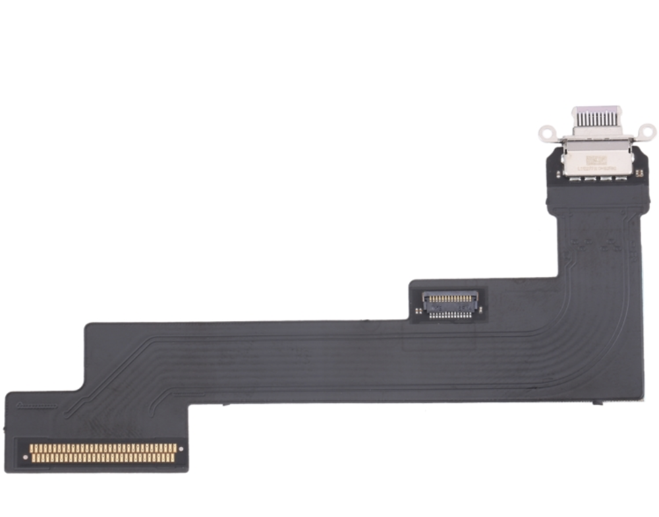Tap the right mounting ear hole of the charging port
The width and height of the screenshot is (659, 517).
pos(648,132)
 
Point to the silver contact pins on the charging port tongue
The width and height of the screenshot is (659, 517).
pos(597,121)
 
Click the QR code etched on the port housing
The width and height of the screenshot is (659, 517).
pos(596,160)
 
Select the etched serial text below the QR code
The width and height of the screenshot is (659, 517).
pos(596,170)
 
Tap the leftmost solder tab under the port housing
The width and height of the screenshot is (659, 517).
pos(574,176)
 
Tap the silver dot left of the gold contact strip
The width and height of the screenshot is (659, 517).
pos(26,457)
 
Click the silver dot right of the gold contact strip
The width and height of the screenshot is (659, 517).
pos(181,449)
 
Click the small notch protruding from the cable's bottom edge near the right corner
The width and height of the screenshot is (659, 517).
pos(597,402)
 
